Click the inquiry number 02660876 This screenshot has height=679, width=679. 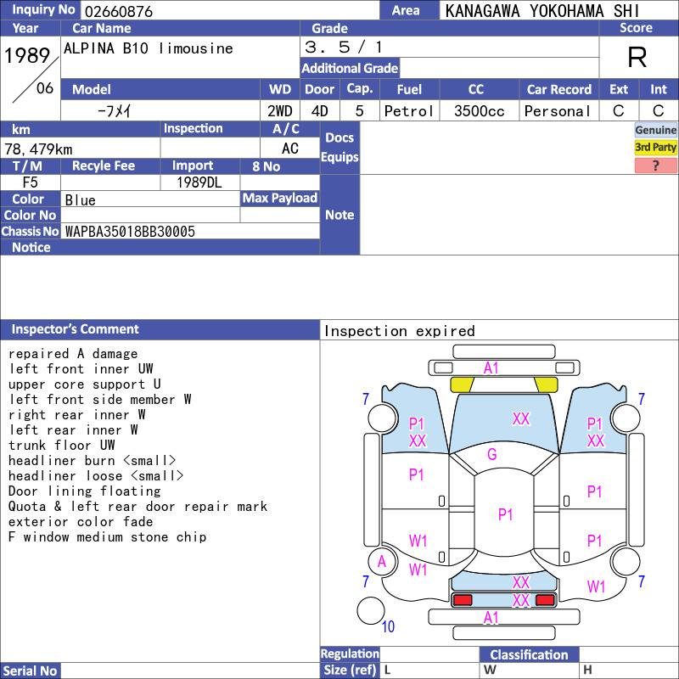point(119,11)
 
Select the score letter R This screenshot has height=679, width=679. point(637,57)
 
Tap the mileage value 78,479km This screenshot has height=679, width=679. point(38,149)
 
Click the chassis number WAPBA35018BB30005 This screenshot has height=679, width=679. point(130,232)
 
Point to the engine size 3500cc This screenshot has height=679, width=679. point(479,111)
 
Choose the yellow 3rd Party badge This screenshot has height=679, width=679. point(655,147)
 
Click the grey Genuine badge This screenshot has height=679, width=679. point(655,130)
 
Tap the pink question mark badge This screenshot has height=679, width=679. point(655,166)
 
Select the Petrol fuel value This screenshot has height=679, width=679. point(409,111)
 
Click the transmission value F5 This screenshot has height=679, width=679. point(31,182)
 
